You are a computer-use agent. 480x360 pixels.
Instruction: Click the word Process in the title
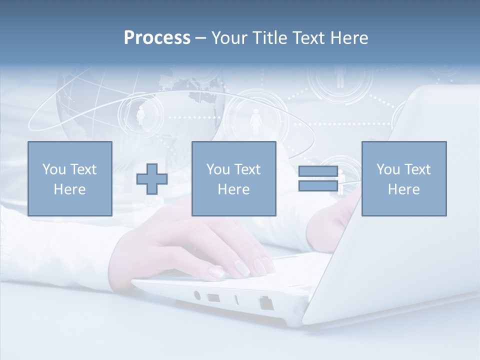pyautogui.click(x=157, y=38)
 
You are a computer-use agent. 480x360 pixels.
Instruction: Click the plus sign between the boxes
pyautogui.click(x=152, y=178)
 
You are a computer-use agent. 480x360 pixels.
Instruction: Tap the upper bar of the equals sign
pyautogui.click(x=318, y=171)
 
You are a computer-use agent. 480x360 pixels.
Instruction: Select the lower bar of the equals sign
pyautogui.click(x=318, y=185)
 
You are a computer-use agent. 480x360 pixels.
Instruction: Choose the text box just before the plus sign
pyautogui.click(x=69, y=178)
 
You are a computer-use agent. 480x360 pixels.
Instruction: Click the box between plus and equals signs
pyautogui.click(x=233, y=178)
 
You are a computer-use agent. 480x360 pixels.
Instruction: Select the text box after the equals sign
pyautogui.click(x=403, y=178)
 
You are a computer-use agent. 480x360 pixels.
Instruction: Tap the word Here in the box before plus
pyautogui.click(x=69, y=189)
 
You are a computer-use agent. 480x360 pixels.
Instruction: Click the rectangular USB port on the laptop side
pyautogui.click(x=213, y=298)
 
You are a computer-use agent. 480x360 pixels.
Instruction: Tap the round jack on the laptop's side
pyautogui.click(x=196, y=295)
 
